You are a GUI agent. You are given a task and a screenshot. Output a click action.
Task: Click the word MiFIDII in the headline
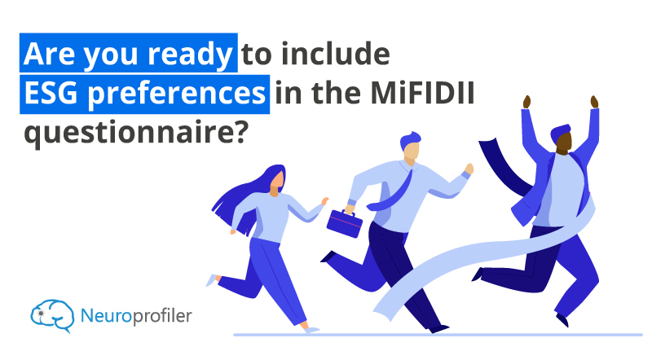(x=422, y=92)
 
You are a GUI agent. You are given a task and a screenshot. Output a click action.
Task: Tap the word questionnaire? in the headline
(x=136, y=133)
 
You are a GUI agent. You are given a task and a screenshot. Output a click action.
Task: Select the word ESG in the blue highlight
(x=51, y=92)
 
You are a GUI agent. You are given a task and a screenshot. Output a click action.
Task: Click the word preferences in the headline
(x=176, y=94)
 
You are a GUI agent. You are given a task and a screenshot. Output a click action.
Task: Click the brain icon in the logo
(x=52, y=316)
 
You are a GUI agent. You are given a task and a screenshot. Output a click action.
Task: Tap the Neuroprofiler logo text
(x=136, y=316)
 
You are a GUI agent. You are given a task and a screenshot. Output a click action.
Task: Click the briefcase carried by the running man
(x=344, y=223)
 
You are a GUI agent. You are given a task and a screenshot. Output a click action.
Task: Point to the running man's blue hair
(x=409, y=141)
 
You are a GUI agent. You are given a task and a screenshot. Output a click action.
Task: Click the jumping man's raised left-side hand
(x=526, y=102)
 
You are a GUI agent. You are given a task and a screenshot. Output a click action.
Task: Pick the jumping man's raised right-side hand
(x=594, y=102)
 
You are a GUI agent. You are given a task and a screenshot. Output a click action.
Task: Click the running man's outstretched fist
(x=469, y=169)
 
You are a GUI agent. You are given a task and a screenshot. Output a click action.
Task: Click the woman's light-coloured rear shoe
(x=212, y=280)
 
